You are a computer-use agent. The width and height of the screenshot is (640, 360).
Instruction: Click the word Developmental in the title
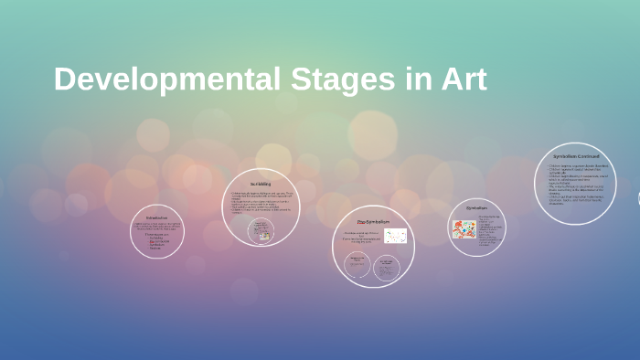[166, 79]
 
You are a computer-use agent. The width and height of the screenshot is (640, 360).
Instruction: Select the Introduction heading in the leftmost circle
[156, 217]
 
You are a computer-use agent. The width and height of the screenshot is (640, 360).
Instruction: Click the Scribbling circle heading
[261, 185]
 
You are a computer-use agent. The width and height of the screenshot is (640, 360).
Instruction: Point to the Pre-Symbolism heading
[373, 222]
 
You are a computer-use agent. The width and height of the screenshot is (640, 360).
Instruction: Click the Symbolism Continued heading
[576, 156]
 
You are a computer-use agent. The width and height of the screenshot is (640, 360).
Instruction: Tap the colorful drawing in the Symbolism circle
[464, 229]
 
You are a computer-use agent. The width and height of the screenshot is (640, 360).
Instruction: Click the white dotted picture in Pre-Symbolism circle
[395, 236]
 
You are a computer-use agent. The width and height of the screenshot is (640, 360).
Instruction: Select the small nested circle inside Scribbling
[261, 230]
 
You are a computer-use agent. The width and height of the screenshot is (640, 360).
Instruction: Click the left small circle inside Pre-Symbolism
[357, 266]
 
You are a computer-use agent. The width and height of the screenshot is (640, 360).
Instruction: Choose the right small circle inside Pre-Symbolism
[387, 266]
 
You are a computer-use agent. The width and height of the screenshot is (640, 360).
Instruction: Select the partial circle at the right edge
[637, 197]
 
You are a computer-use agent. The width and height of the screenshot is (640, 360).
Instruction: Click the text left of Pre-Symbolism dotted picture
[361, 237]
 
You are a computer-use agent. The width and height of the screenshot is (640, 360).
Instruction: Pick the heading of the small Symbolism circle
[476, 207]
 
